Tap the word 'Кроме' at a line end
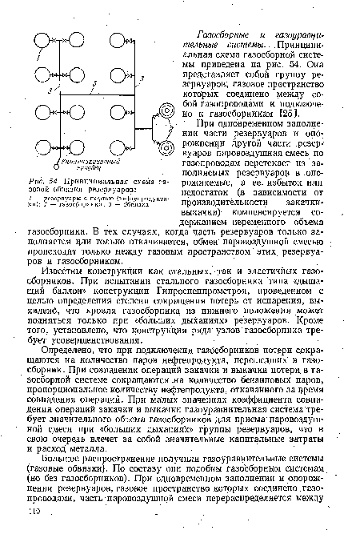(x=319, y=327)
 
